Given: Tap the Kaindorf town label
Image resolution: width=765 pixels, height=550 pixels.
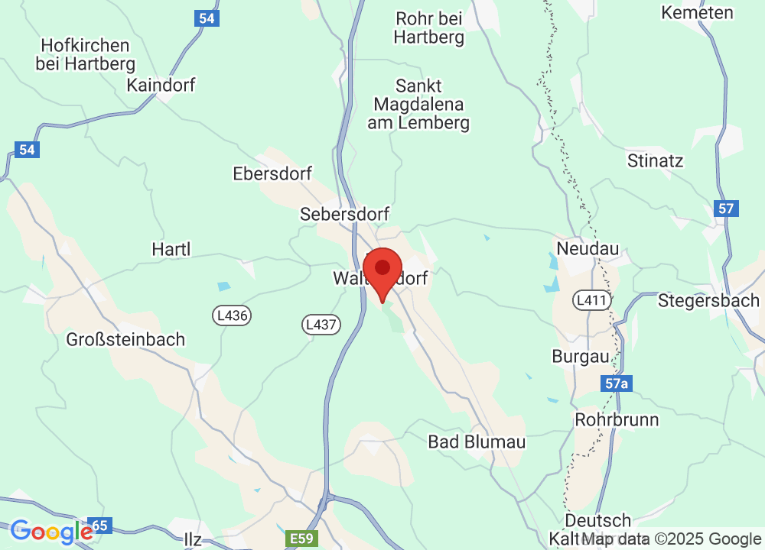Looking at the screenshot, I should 161,85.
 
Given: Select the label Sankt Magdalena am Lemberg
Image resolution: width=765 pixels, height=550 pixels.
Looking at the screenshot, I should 418,104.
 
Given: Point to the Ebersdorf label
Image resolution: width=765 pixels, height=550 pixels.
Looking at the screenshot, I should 272,174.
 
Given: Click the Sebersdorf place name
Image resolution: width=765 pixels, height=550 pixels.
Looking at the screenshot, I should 345,214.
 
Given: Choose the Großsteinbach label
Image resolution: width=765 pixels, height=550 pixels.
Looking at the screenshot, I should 125,339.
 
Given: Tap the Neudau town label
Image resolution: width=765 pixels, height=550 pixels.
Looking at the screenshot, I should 588,249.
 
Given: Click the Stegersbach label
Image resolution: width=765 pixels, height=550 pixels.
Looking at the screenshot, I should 708,300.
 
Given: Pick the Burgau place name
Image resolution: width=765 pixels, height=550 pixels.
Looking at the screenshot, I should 581,357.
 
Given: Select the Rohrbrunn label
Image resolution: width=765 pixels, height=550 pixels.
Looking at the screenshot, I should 617,420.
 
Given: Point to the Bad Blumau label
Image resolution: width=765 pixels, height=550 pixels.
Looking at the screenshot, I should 477,442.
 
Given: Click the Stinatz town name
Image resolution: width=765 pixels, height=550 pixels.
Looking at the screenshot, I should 655,161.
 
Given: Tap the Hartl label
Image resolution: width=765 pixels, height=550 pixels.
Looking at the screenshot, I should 171,249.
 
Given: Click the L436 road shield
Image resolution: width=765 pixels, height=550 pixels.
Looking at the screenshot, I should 232,315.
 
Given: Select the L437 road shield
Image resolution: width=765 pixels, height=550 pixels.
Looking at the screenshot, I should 320,325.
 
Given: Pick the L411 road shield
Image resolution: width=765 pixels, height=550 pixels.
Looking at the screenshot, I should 592,300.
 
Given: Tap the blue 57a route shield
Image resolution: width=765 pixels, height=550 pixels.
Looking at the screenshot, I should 616,383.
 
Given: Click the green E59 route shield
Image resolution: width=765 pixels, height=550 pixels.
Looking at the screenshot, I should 301,539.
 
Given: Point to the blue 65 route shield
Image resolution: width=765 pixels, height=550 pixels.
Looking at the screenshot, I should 101,526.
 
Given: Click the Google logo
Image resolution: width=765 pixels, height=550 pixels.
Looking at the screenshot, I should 51,532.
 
